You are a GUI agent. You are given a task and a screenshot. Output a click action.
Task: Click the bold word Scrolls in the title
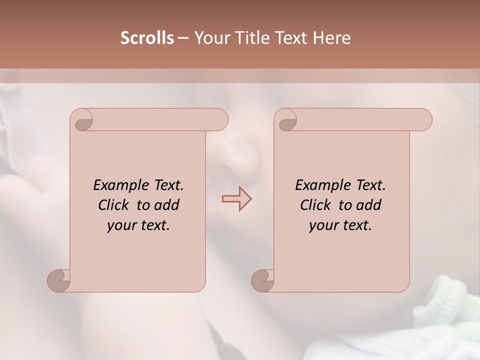tap(147, 38)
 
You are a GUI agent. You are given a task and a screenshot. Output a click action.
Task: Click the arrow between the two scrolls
tap(237, 199)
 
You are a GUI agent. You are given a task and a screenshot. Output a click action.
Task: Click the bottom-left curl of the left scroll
tap(59, 280)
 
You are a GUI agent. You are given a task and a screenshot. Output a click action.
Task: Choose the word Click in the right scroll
tap(315, 205)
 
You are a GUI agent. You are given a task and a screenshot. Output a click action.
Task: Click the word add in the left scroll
tap(167, 205)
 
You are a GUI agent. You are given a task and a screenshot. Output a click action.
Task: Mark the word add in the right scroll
tap(369, 205)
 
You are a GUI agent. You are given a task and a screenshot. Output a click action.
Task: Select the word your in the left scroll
tap(121, 225)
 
